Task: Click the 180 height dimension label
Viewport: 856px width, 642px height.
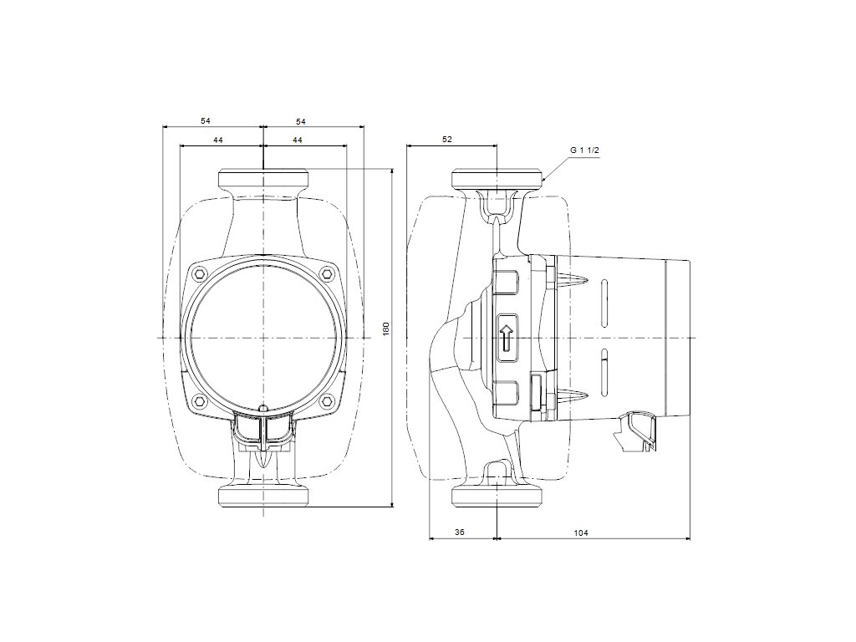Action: (386, 329)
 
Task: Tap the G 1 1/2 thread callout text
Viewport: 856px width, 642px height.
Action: (585, 150)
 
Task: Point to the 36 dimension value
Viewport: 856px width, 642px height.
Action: (459, 532)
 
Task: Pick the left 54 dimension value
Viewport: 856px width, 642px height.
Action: (206, 121)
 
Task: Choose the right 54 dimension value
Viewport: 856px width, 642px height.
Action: (301, 121)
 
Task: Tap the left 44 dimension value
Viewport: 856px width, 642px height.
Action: (217, 140)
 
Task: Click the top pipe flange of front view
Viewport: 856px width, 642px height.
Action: (263, 179)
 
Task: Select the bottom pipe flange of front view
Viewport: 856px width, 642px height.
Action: (263, 495)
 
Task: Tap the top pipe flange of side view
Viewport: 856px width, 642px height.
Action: (497, 179)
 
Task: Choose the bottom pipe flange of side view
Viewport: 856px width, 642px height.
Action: (497, 495)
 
